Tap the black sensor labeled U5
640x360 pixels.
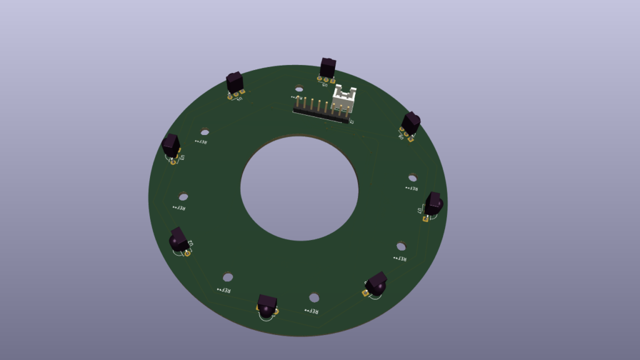[x=327, y=67]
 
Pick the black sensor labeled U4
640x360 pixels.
[x=234, y=82]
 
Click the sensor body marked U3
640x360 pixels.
[x=171, y=146]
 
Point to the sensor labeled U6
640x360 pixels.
[x=411, y=122]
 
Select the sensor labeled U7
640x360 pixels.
[x=434, y=203]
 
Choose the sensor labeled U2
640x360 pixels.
[x=179, y=240]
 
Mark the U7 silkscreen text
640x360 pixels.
[x=420, y=211]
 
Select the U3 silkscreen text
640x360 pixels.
[x=182, y=159]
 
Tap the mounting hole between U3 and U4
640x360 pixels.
[x=204, y=131]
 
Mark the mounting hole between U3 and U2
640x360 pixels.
[x=183, y=196]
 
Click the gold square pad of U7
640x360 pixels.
[x=426, y=219]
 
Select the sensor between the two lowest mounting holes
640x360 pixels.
[x=267, y=307]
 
